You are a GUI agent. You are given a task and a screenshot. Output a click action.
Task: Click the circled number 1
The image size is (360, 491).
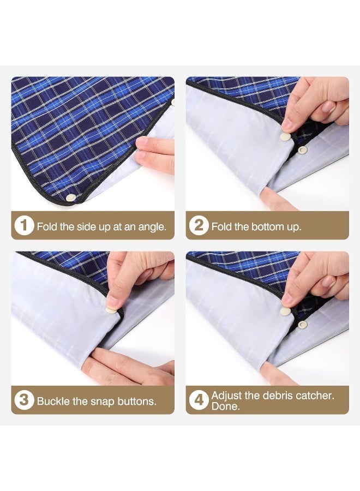click(24, 225)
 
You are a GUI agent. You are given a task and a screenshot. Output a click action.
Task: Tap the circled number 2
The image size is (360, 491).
click(199, 225)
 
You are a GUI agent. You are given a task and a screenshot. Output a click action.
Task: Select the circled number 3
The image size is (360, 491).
click(24, 400)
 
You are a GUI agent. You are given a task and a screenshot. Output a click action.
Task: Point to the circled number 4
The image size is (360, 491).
click(199, 400)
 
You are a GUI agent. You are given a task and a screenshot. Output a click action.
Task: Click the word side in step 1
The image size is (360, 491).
click(83, 226)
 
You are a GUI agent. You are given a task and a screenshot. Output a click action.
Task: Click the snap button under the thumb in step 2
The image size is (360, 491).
click(285, 137)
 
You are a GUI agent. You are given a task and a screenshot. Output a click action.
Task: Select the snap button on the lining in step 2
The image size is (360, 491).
click(303, 149)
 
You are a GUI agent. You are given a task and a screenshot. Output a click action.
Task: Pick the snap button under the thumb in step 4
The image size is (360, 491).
click(285, 312)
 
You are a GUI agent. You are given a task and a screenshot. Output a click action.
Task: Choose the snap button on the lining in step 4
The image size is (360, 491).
click(303, 324)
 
